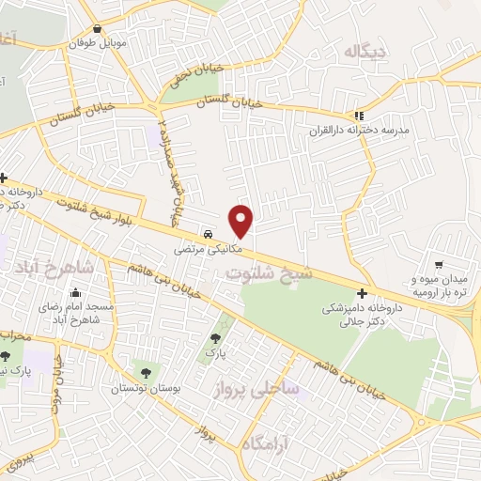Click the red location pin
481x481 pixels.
point(241,220)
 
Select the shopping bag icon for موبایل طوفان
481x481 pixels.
point(99,28)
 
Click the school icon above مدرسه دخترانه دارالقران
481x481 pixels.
point(358,116)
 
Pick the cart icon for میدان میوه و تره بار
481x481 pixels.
point(439,265)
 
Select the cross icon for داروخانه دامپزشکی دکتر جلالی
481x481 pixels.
point(362,292)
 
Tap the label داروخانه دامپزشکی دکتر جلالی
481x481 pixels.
point(362,314)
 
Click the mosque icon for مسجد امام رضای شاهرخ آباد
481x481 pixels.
point(75,292)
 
